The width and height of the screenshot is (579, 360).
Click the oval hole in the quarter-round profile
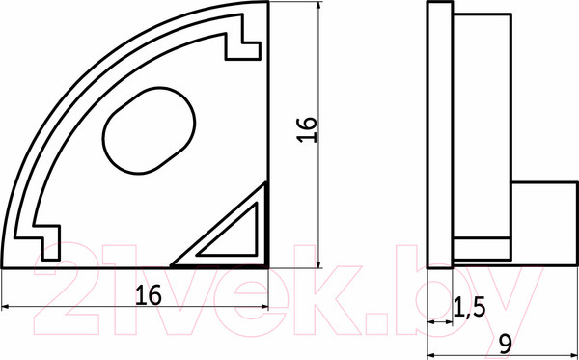click(x=150, y=130)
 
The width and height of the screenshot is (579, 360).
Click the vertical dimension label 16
click(x=307, y=129)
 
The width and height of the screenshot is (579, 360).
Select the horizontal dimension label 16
click(x=149, y=295)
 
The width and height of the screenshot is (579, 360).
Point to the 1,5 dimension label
click(x=469, y=308)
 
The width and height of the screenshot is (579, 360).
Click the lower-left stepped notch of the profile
click(x=42, y=242)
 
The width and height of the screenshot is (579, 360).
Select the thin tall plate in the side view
click(x=440, y=135)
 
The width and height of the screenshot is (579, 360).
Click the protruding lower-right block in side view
click(x=544, y=224)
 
